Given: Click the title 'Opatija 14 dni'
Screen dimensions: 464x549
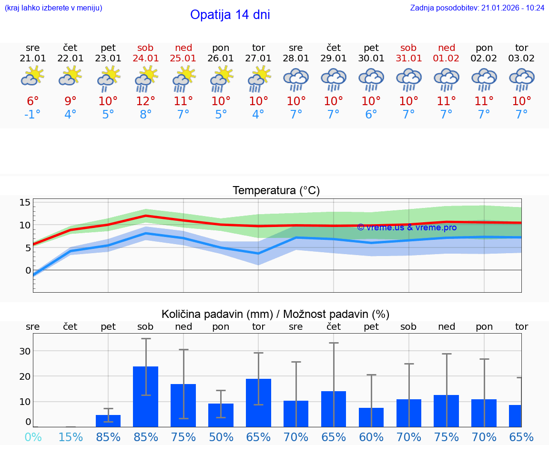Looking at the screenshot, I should (230, 15).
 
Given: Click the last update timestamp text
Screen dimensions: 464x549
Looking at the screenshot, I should (477, 8).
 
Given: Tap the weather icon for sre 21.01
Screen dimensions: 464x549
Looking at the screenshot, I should (32, 76).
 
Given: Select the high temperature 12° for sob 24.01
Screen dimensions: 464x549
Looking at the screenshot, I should (146, 101).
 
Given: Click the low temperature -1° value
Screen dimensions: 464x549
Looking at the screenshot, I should (32, 115).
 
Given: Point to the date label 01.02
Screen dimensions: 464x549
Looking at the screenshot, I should (447, 59).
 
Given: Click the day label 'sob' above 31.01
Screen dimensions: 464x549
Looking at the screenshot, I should (408, 48).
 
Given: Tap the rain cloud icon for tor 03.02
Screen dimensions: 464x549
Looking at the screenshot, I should (521, 79).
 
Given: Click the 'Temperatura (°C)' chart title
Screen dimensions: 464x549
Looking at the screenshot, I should (276, 190).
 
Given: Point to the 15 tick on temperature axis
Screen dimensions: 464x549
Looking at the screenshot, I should (25, 203).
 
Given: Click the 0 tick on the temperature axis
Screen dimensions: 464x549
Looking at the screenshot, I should (28, 270).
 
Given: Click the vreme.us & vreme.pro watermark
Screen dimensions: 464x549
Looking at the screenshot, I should (407, 227).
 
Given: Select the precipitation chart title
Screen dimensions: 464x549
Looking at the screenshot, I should (275, 314).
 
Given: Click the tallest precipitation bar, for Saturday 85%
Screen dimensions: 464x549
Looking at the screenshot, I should (145, 396).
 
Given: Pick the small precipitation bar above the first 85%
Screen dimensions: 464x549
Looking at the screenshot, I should (108, 421).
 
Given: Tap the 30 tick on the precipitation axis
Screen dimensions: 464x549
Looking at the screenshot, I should (25, 351).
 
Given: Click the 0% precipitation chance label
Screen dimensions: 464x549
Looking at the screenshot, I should (32, 437).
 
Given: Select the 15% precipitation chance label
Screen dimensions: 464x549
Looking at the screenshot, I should (71, 437).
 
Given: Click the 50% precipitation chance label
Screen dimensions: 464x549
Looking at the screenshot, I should (221, 437).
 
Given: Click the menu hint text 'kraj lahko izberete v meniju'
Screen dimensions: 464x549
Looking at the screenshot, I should (53, 8).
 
